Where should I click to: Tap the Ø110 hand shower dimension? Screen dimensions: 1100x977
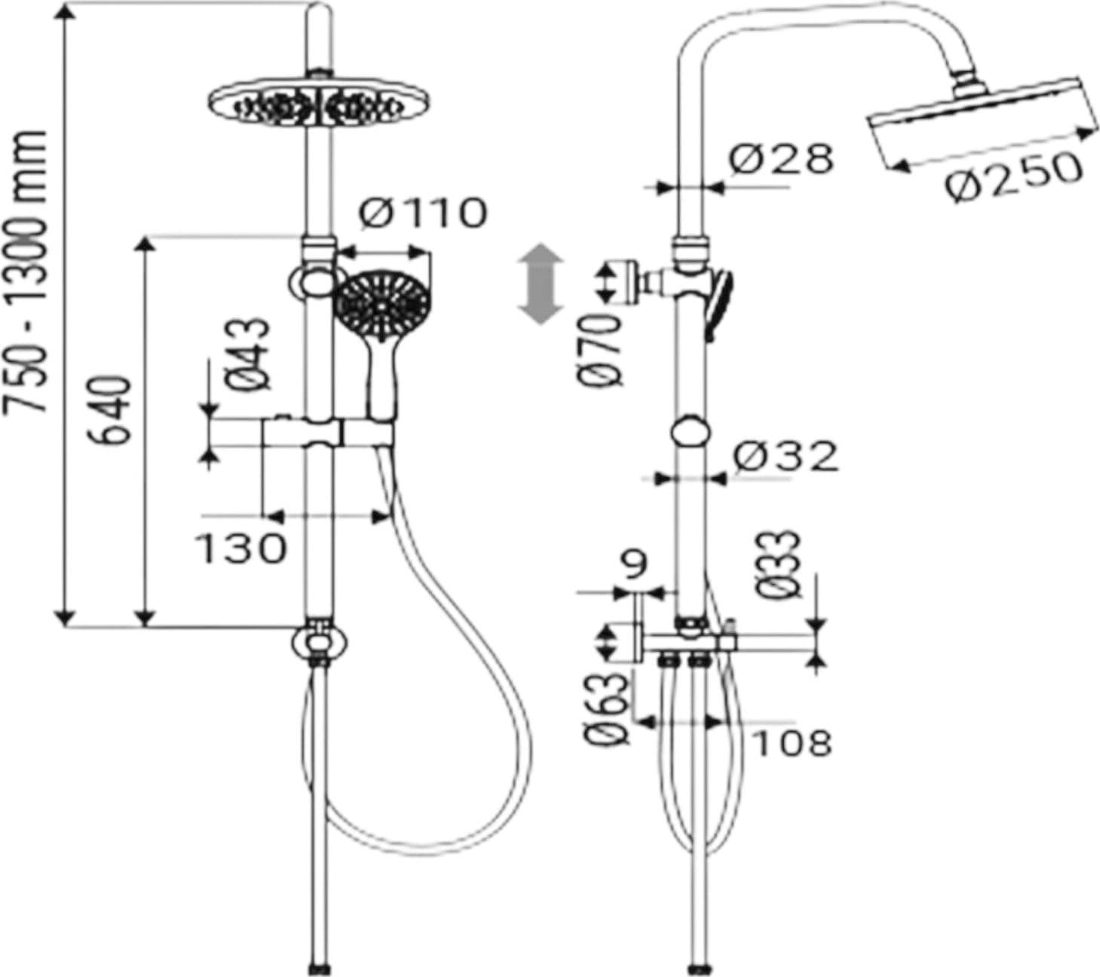point(422,213)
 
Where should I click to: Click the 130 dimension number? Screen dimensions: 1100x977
point(241,548)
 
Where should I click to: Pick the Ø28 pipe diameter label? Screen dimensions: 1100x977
point(781,158)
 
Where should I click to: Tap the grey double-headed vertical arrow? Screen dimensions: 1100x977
point(541,284)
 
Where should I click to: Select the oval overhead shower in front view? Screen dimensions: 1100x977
point(320,104)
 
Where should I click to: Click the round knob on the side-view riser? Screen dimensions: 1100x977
point(691,432)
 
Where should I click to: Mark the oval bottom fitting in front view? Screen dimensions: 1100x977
point(319,642)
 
